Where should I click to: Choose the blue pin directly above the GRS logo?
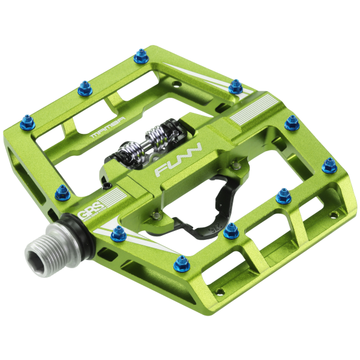click(62, 192)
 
